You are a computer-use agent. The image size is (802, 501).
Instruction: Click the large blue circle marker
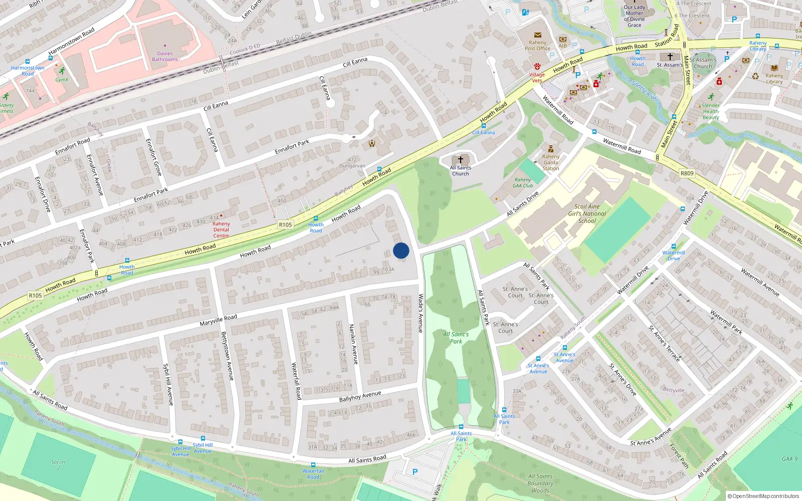[401, 250]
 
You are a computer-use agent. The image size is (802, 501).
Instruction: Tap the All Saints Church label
[460, 171]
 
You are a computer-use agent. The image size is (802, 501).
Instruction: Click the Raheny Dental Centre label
[221, 229]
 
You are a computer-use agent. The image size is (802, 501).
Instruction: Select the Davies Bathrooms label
[165, 57]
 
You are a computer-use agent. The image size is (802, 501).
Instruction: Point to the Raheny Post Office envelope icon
[537, 35]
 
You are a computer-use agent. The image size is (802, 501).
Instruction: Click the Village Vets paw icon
[537, 67]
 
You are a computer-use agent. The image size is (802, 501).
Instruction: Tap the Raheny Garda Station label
[550, 162]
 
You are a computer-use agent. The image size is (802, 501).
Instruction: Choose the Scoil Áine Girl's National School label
[587, 213]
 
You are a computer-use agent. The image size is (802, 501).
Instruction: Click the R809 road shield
[687, 173]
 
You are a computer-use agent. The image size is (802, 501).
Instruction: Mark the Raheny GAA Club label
[523, 183]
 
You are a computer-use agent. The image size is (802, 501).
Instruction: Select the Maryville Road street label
[218, 320]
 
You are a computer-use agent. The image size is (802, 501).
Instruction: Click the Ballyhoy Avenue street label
[360, 396]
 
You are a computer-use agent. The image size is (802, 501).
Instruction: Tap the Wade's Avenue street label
[421, 313]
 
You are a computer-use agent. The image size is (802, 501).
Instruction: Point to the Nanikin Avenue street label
[353, 344]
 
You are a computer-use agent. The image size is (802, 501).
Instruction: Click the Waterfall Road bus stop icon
[313, 465]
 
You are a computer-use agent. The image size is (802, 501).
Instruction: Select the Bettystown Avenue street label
[227, 356]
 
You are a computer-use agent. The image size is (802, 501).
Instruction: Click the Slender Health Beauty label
[710, 111]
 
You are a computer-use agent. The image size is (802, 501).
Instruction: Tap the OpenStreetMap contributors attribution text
[763, 496]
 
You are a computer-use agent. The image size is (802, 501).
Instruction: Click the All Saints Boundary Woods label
[540, 483]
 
